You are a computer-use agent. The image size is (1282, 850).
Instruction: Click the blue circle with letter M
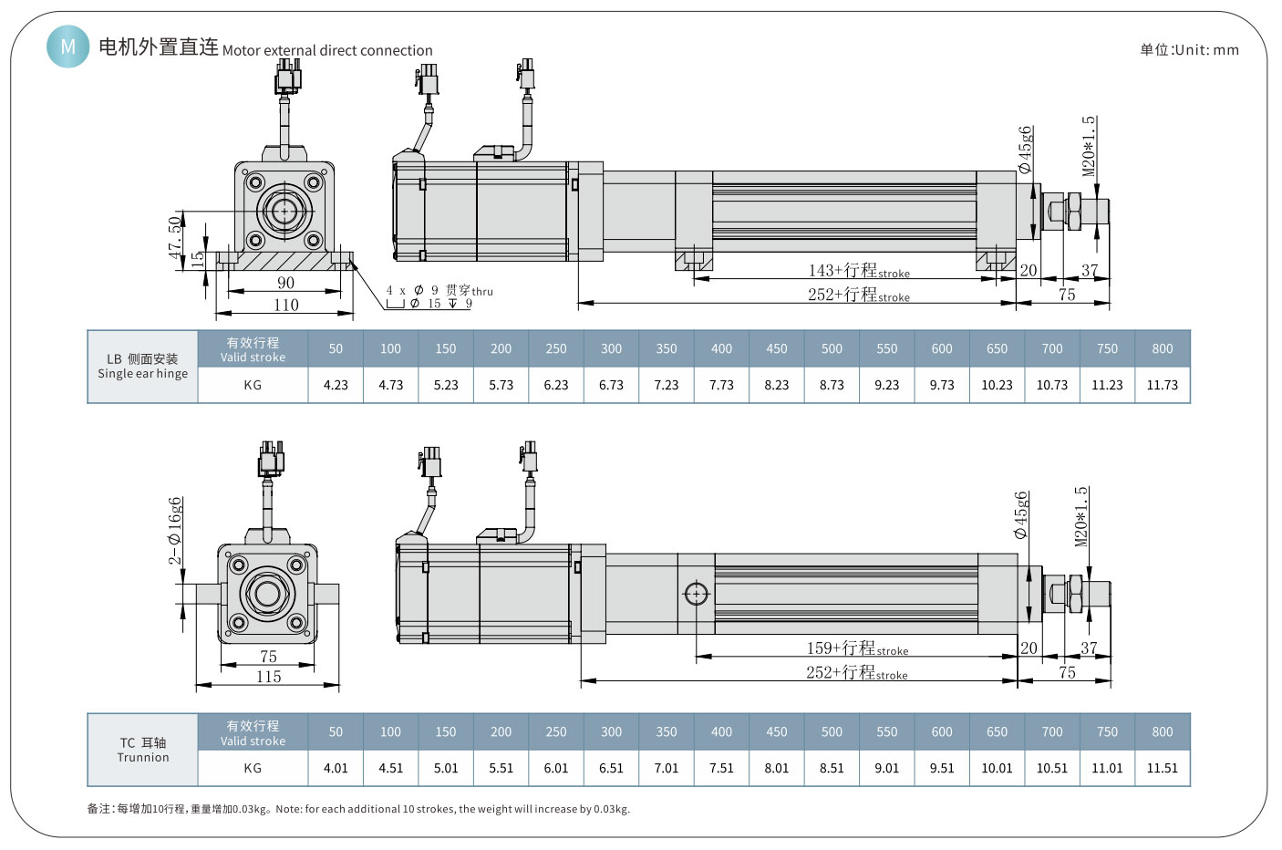pos(68,46)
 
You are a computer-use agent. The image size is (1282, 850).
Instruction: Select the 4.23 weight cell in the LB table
pos(336,385)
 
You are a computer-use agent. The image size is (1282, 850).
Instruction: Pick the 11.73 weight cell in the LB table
pos(1162,385)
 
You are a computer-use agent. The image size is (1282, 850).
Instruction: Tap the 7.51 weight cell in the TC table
pos(721,768)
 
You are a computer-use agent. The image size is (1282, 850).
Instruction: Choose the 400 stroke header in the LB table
pos(721,348)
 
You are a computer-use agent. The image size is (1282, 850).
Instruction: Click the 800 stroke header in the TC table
pos(1162,731)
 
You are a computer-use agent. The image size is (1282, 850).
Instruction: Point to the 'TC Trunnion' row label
pos(143,750)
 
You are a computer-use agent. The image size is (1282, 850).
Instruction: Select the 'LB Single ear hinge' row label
pos(143,367)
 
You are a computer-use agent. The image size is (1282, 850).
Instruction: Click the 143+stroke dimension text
pos(858,271)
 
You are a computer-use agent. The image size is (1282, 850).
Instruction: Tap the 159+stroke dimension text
pos(856,648)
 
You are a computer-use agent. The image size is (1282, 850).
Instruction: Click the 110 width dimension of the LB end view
pos(285,306)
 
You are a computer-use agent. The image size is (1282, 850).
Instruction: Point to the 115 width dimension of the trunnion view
pos(268,677)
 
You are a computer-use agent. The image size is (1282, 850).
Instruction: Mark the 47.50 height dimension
pos(175,237)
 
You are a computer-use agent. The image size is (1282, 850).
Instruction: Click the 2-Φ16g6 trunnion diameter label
pos(175,531)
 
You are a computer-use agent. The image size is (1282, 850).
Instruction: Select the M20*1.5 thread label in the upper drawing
pos(1089,146)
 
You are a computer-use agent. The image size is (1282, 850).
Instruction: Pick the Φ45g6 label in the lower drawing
pos(1020,515)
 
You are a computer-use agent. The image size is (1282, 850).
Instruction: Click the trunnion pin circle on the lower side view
pos(696,594)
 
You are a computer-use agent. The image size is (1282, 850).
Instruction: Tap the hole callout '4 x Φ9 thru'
pos(439,291)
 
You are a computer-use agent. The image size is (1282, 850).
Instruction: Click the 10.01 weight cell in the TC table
pos(997,768)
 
